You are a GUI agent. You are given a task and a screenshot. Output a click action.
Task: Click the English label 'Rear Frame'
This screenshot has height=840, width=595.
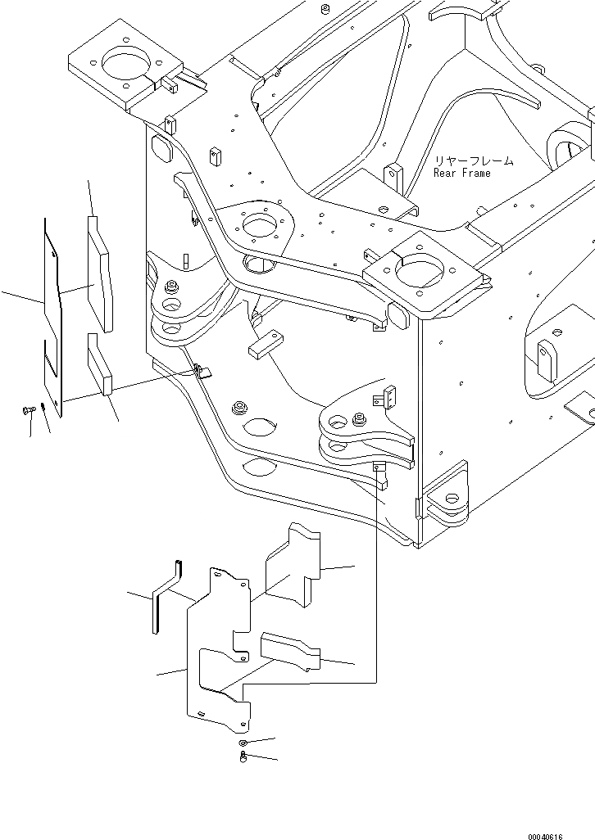[462, 174]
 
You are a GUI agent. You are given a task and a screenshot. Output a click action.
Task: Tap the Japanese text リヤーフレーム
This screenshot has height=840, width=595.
[473, 161]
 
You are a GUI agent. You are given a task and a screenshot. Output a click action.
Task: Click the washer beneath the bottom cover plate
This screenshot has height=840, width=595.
[243, 742]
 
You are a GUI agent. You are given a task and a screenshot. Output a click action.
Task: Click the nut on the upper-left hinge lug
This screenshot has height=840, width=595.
[172, 287]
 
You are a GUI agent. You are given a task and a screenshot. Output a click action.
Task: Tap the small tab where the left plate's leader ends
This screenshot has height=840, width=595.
[202, 373]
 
